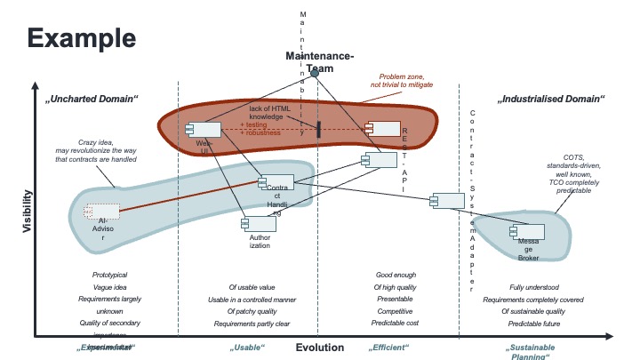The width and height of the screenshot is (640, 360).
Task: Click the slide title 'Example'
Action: [81, 38]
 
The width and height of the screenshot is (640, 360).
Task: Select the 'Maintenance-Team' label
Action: [319, 62]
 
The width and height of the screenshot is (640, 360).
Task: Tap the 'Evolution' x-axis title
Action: [319, 348]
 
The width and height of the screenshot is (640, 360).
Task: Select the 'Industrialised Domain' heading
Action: [552, 98]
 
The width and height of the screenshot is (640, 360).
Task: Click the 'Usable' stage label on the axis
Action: [248, 348]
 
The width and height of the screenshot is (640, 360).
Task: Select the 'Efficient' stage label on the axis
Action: [389, 348]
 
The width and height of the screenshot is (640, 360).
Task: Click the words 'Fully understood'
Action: [533, 287]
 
